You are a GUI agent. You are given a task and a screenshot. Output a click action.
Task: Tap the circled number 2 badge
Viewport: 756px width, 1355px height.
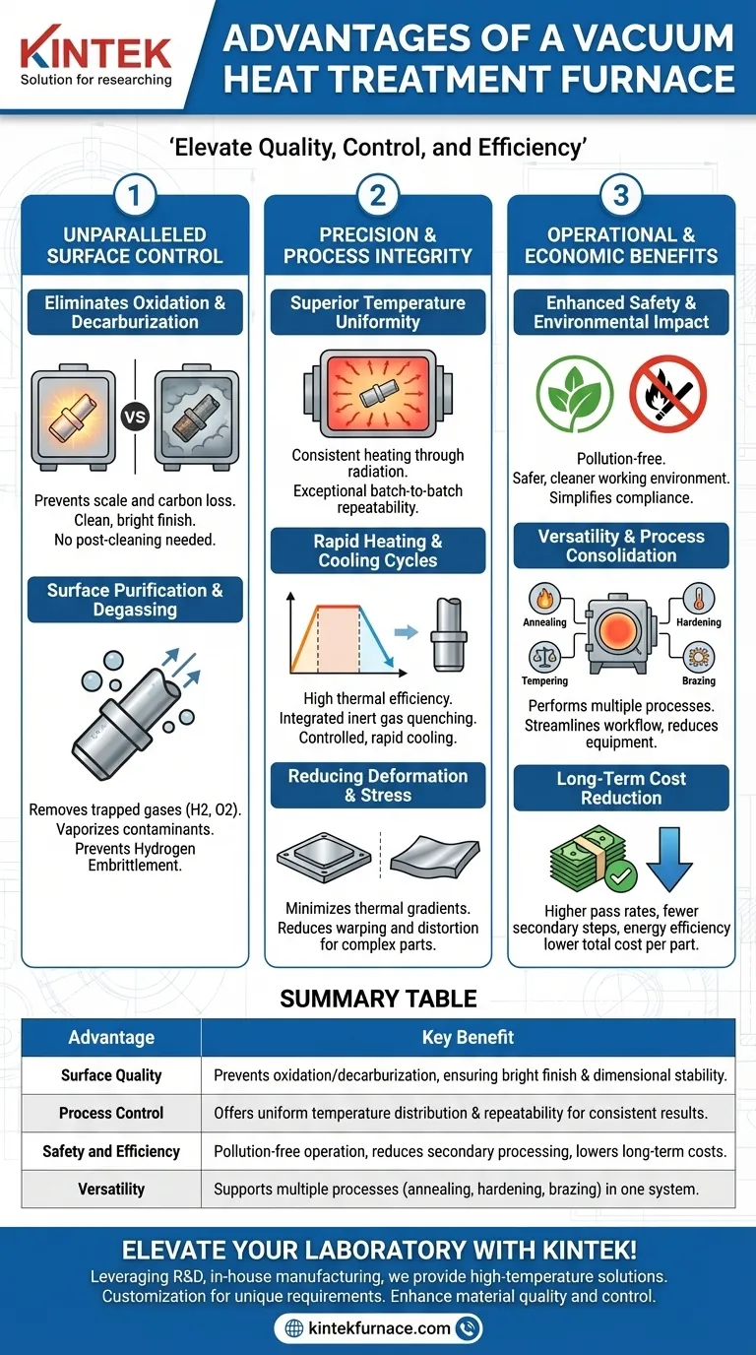(378, 196)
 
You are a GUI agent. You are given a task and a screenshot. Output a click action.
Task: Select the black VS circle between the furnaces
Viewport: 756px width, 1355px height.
(135, 417)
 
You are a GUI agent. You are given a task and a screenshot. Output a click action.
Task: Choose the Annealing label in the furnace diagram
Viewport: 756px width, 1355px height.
(544, 622)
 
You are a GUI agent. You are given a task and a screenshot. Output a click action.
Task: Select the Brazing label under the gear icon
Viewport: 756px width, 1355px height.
(698, 680)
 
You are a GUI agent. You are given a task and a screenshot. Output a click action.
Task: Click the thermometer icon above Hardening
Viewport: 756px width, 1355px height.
(698, 599)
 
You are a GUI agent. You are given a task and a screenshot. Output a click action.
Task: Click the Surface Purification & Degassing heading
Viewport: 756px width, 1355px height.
(135, 600)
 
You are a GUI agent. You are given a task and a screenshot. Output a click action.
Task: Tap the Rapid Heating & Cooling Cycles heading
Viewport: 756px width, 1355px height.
(378, 551)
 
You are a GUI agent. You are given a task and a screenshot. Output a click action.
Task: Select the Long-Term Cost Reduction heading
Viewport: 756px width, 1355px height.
(621, 788)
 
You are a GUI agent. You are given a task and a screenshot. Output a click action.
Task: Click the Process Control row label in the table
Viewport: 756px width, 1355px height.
(111, 1113)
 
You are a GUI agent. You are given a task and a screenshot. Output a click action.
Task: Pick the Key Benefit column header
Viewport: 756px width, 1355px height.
(468, 1037)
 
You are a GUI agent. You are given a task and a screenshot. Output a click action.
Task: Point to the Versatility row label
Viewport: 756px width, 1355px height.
(111, 1189)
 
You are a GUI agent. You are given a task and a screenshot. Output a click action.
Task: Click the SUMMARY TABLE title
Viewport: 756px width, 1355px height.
(378, 999)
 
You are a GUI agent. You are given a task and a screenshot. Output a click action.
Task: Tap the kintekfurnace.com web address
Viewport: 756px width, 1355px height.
(378, 1328)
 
